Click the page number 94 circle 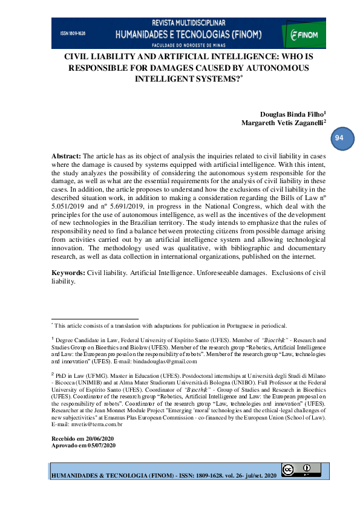[339, 138]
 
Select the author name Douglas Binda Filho [292, 114]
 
